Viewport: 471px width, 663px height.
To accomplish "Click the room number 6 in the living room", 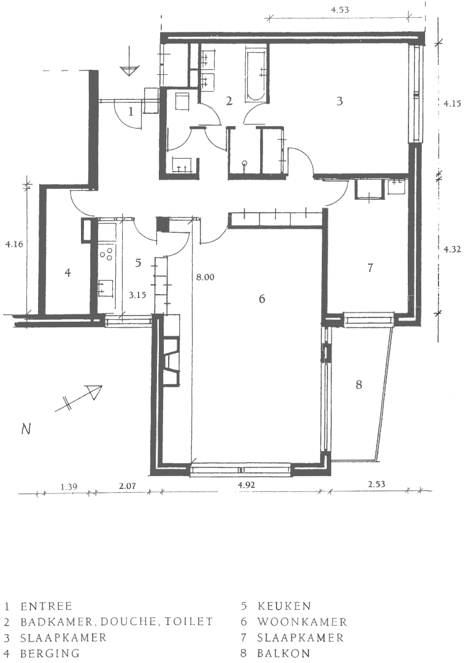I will pos(262,299).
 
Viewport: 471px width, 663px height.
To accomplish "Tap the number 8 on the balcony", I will pos(359,385).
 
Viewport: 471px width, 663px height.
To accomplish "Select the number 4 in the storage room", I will pos(68,273).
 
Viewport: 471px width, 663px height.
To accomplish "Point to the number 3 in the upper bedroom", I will pos(339,102).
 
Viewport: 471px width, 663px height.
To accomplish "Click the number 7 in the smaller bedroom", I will pos(370,268).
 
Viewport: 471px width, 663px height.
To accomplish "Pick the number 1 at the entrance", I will pos(131,112).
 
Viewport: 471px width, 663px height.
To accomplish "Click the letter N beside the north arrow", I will pos(26,430).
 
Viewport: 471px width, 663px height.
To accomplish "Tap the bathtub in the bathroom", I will pos(255,74).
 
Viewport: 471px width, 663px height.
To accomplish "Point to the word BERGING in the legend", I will pos(50,654).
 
